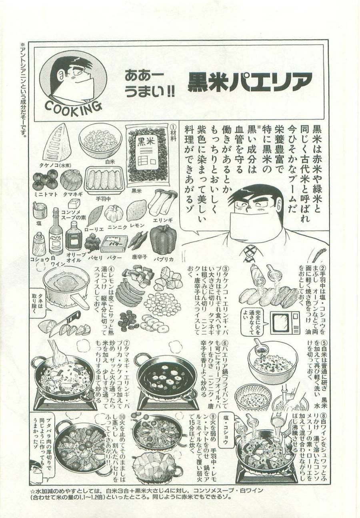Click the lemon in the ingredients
pyautogui.click(x=136, y=210)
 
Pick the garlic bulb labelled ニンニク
pyautogui.click(x=113, y=212)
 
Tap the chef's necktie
pyautogui.click(x=250, y=252)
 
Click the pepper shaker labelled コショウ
pyautogui.click(x=39, y=244)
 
